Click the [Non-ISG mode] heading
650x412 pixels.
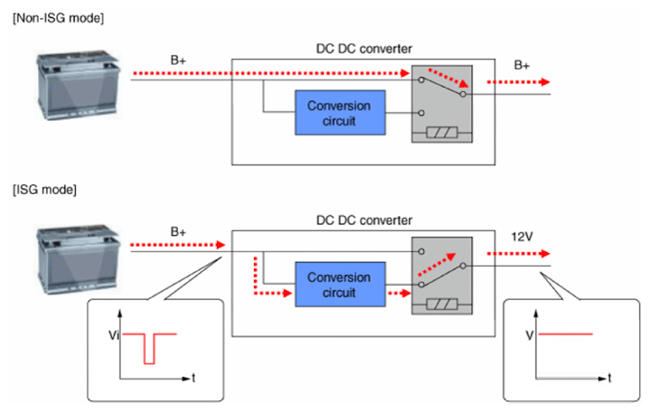tap(59, 19)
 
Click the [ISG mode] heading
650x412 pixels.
tap(45, 190)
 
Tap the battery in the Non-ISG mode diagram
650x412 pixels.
tap(78, 85)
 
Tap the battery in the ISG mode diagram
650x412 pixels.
tap(78, 259)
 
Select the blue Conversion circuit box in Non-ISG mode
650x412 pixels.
tap(340, 113)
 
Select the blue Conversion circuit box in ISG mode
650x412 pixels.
tap(340, 285)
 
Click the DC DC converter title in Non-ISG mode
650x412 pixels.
tap(364, 49)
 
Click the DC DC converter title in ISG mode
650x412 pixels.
tap(364, 220)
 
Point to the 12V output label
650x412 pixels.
tap(522, 237)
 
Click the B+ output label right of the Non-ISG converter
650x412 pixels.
tap(522, 65)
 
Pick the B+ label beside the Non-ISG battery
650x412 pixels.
tap(178, 61)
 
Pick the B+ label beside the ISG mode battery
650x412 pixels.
tap(178, 231)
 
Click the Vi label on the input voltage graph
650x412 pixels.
tap(114, 335)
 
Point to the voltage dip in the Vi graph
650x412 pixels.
tap(149, 349)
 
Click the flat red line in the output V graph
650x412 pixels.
tap(565, 333)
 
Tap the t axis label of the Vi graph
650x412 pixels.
tap(193, 378)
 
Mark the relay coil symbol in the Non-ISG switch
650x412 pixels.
tap(442, 133)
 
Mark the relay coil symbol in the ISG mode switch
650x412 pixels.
tap(442, 304)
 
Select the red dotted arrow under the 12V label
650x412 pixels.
tap(519, 254)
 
